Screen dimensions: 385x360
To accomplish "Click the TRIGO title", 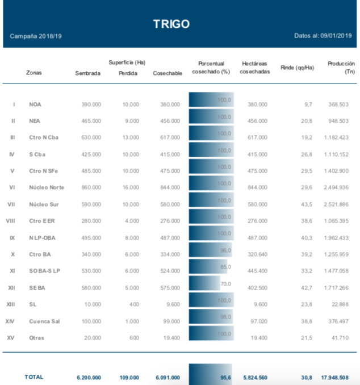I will [171, 24].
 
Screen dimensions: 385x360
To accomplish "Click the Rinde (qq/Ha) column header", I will [297, 68].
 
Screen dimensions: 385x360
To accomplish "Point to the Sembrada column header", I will [87, 73].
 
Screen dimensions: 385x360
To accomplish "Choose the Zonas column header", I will [34, 73].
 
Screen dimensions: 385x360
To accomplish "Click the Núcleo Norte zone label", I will [47, 187].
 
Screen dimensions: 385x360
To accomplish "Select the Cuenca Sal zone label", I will [44, 321].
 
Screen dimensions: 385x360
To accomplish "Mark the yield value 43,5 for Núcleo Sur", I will [307, 204].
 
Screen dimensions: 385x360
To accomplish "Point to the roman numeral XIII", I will [10, 305].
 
